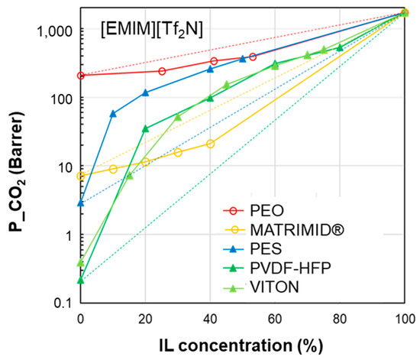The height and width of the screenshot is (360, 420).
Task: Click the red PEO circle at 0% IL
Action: click(81, 75)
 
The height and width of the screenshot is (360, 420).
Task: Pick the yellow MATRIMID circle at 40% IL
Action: click(210, 144)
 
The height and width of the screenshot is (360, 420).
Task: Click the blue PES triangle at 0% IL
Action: click(81, 203)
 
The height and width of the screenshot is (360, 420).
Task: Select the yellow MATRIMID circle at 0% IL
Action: click(81, 177)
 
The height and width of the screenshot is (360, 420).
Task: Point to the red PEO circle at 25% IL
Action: click(162, 71)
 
